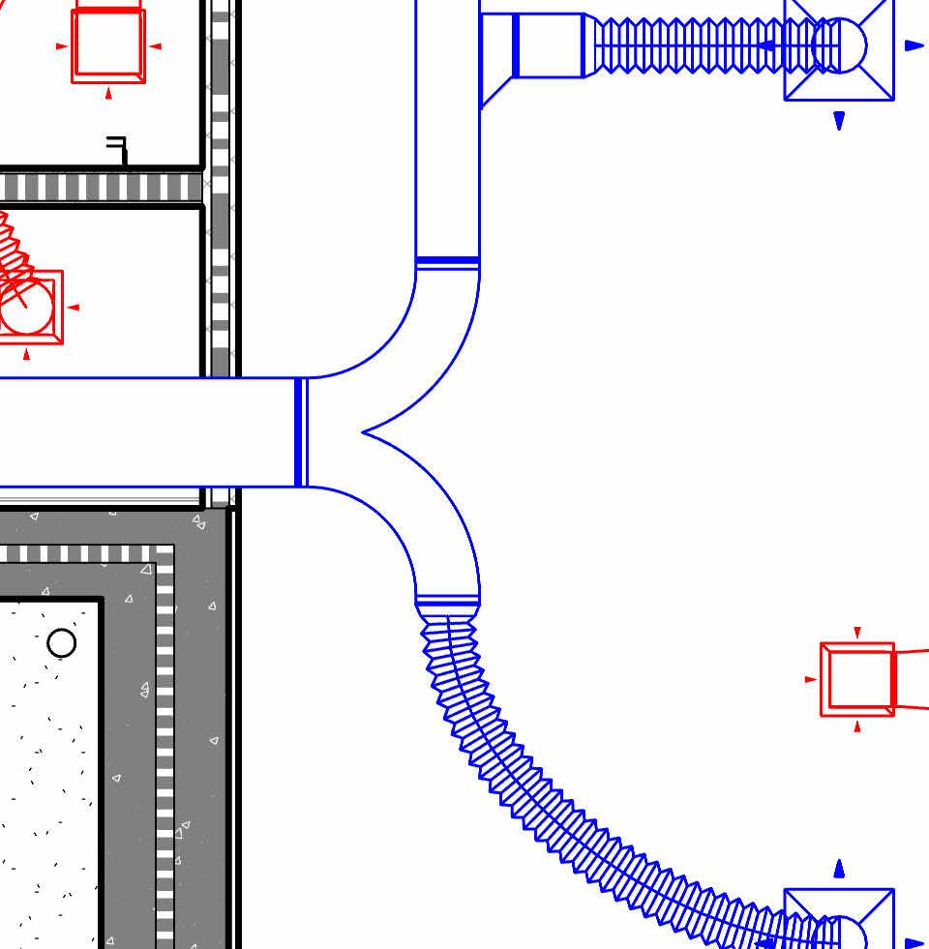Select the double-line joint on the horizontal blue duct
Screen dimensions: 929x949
301,432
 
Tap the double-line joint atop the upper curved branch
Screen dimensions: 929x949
447,261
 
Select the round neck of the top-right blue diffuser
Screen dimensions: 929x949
839,44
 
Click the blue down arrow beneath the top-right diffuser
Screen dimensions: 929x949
839,120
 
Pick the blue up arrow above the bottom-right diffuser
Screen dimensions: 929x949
839,869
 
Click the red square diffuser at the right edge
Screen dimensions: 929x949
857,679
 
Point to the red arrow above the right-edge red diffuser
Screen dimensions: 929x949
857,633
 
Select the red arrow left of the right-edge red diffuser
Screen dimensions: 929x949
811,679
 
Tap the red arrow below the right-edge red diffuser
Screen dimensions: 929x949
857,726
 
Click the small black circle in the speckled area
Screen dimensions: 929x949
62,642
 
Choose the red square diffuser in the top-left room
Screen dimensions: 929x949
108,45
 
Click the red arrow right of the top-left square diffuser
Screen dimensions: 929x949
156,45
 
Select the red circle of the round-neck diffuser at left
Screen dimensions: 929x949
26,308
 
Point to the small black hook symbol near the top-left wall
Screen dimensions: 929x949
118,149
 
